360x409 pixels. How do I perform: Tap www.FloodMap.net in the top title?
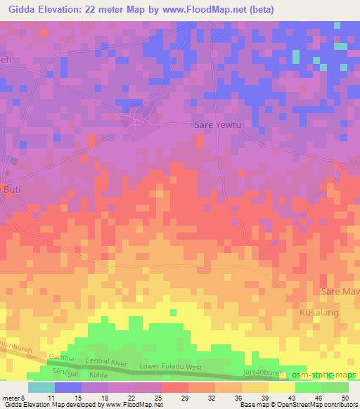pyautogui.click(x=207, y=9)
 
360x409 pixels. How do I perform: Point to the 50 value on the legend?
pyautogui.click(x=345, y=397)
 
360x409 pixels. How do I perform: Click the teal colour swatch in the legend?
pyautogui.click(x=41, y=387)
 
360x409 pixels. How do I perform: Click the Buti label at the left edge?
pyautogui.click(x=8, y=189)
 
